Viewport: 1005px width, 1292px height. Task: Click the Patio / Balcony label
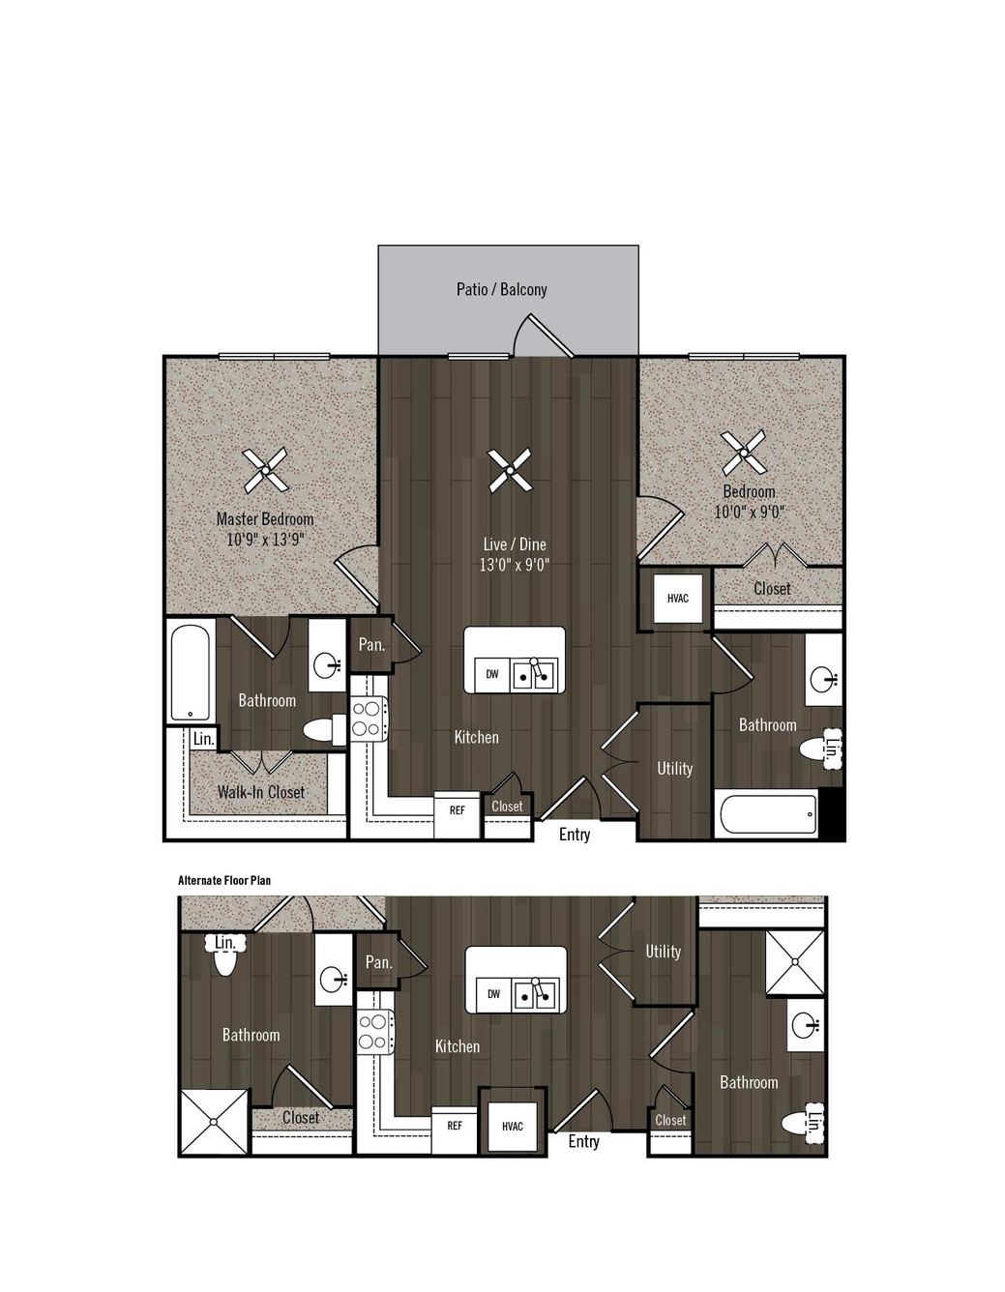tap(501, 289)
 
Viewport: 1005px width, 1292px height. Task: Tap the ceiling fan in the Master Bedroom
tap(265, 470)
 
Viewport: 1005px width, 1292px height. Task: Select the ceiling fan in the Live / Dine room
tap(509, 470)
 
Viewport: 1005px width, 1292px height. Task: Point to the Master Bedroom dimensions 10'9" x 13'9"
tap(265, 540)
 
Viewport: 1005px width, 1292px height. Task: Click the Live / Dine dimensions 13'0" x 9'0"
tap(514, 564)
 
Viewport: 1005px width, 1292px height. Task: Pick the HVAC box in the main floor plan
tap(677, 599)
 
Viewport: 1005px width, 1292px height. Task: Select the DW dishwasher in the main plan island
tap(491, 674)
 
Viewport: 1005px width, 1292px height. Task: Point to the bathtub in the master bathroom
tap(190, 672)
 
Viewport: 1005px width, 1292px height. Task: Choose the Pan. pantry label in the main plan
tap(371, 644)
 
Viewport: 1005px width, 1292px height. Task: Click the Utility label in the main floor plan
tap(674, 769)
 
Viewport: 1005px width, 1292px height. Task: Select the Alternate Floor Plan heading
tap(224, 881)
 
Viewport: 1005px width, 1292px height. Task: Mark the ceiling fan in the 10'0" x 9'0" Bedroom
tap(743, 453)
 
